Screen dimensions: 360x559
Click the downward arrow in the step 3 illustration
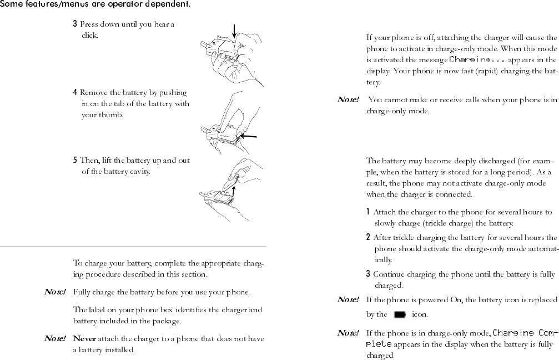click(x=234, y=32)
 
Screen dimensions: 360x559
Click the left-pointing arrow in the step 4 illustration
click(x=250, y=136)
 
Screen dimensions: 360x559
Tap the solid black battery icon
click(x=399, y=315)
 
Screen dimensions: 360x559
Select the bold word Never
click(x=84, y=339)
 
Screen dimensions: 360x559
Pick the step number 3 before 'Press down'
click(x=75, y=24)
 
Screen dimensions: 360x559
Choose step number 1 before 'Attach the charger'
click(x=369, y=212)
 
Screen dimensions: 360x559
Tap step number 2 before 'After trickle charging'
click(x=369, y=237)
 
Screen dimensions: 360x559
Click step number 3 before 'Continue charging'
click(x=369, y=274)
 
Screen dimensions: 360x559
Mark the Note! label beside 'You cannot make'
click(x=348, y=100)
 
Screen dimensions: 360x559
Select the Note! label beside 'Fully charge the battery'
click(x=55, y=292)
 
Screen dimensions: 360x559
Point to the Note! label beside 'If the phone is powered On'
click(x=348, y=300)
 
